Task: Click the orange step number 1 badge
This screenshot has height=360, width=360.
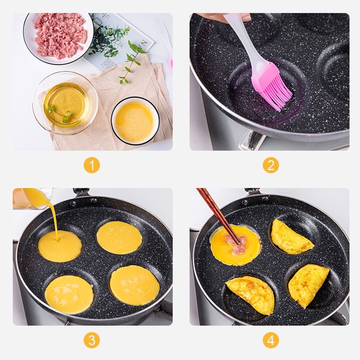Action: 92,165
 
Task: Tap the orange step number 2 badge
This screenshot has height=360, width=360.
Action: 271,165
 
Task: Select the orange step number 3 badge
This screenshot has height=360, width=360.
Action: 92,340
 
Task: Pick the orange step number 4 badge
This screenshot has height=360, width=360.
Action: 271,340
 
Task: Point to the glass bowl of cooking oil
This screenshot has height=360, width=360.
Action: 65,103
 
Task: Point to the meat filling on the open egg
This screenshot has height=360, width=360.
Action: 237,243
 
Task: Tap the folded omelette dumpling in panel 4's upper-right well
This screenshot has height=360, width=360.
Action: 292,237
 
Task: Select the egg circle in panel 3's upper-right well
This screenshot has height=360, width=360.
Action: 119,238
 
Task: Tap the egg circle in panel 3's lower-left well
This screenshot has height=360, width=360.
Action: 69,295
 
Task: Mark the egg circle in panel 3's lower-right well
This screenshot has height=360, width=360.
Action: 135,285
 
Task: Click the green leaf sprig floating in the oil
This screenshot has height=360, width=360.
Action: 59,113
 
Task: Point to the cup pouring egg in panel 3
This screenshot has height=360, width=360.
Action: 30,198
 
